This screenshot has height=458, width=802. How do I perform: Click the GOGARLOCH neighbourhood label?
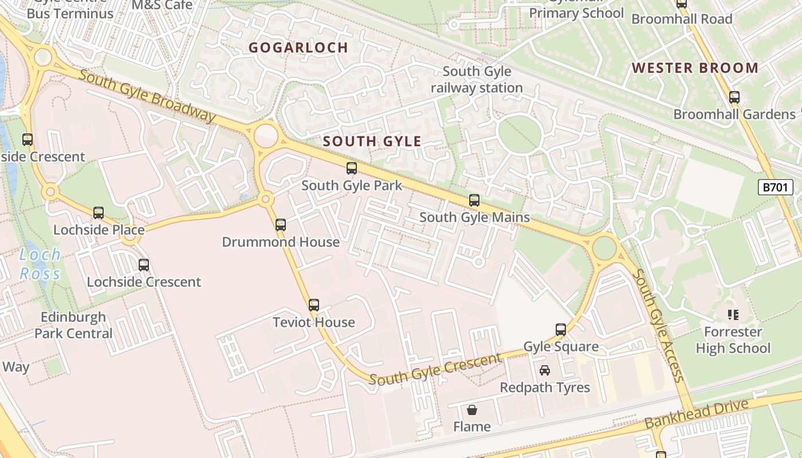click(298, 48)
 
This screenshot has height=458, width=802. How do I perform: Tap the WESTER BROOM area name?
click(695, 68)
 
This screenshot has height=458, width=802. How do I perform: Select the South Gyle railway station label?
click(477, 80)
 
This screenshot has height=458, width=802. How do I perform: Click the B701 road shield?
click(776, 187)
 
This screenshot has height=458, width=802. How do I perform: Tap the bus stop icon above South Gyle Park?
click(352, 168)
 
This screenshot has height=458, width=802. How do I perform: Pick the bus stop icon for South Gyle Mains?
click(474, 200)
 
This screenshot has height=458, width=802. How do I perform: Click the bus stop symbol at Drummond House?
click(281, 225)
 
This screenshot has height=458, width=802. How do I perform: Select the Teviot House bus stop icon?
click(314, 305)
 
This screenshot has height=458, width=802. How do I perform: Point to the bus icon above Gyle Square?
click(561, 330)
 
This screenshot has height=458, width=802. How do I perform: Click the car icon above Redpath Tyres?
click(545, 370)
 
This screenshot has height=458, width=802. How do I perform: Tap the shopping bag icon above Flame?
click(472, 409)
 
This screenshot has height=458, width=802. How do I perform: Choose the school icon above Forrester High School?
click(733, 314)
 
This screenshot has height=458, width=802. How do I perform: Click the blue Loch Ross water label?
click(40, 264)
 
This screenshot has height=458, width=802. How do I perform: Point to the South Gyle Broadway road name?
click(147, 96)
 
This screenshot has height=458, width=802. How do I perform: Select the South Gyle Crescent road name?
click(435, 370)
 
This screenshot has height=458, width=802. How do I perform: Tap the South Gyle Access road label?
click(658, 326)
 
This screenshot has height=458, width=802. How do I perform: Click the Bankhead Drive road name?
click(697, 414)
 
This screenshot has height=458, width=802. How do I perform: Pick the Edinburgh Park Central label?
click(73, 325)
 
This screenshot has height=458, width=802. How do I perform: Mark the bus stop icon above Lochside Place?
click(99, 213)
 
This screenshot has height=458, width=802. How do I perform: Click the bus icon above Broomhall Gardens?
click(734, 97)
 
